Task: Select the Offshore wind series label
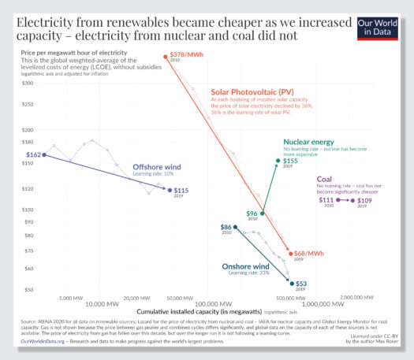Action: click(157, 167)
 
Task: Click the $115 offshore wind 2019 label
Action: click(181, 190)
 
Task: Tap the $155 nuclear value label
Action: click(290, 161)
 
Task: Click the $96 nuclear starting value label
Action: click(252, 213)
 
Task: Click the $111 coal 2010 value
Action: click(326, 200)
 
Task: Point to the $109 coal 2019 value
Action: click(365, 201)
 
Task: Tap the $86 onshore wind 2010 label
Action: click(226, 227)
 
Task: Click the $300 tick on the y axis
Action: click(28, 82)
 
